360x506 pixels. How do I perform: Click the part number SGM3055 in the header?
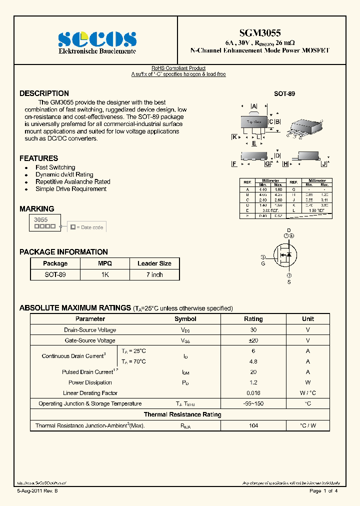tap(260, 33)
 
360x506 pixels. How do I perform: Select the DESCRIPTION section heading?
tap(44, 93)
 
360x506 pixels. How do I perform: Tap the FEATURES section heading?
tap(38, 158)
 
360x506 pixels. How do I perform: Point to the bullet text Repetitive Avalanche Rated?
tap(72, 182)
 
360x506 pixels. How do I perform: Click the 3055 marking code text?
tap(40, 219)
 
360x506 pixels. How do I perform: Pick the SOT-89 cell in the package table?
tap(55, 274)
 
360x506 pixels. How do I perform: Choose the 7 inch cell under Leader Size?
tap(154, 274)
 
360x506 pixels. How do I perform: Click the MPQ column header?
tap(104, 263)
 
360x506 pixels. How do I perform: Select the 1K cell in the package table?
tap(104, 274)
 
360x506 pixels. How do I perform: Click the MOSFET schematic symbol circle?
tap(284, 255)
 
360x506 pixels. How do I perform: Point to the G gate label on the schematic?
tap(263, 263)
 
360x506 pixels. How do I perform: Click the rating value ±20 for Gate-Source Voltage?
tap(253, 340)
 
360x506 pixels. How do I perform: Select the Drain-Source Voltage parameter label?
tap(90, 330)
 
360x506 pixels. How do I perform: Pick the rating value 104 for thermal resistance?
tap(253, 425)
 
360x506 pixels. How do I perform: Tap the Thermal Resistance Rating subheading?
tap(182, 414)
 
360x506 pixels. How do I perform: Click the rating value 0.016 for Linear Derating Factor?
tap(253, 393)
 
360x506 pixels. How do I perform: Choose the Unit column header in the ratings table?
tap(308, 319)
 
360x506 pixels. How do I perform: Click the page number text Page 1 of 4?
tap(323, 491)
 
